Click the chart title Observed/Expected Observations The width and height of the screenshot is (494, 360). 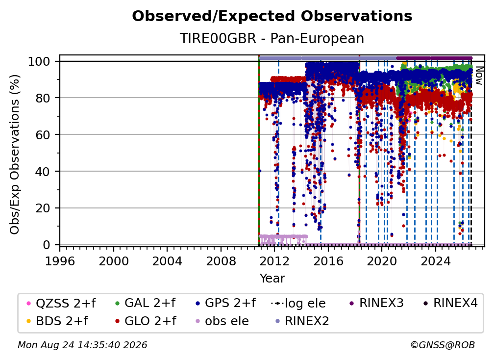272,16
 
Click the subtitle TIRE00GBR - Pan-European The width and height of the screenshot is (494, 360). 272,38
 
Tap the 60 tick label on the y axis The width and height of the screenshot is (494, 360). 43,135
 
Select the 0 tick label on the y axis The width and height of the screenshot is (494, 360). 47,245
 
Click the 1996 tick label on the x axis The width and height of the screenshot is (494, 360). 60,261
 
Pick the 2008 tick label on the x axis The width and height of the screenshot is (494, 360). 221,261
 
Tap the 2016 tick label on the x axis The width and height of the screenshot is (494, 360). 328,261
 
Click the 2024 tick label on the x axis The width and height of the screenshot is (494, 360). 436,261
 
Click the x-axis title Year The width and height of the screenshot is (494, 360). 272,279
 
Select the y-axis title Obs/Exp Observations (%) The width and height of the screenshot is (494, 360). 15,154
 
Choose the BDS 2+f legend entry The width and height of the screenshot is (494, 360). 57,321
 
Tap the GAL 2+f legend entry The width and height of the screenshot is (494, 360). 145,303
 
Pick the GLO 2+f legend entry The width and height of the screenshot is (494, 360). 146,321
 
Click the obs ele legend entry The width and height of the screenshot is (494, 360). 220,321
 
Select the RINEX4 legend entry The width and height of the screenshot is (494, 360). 450,303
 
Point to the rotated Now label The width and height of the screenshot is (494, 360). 479,76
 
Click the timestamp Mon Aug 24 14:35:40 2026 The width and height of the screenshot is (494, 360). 82,345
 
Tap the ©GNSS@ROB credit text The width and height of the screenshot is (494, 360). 443,345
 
